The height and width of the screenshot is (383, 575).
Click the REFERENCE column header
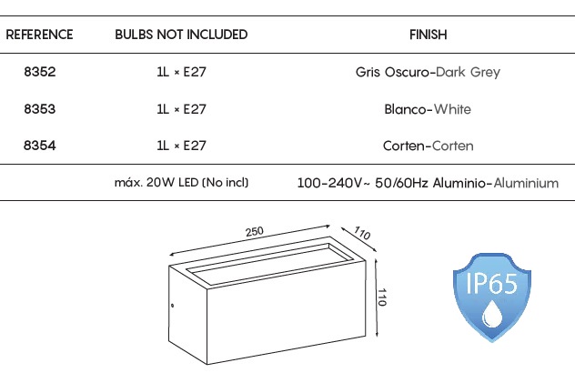coord(39,35)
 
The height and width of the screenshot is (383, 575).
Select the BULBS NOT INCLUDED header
coord(181,35)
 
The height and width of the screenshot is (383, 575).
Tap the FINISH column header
coord(428,35)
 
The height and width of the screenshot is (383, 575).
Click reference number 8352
coord(40,72)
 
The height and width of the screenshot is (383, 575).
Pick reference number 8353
coord(40,109)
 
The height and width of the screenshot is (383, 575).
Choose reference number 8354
coord(40,146)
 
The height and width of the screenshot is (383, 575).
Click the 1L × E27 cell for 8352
coord(181,72)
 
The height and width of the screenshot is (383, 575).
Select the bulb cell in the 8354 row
coord(181,146)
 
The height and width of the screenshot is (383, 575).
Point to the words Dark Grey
coord(468,72)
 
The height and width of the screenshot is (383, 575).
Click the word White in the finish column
coord(452,109)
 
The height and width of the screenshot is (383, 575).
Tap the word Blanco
coord(405,109)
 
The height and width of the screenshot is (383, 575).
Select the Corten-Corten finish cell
coord(428,146)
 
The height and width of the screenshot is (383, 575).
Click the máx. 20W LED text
coord(156,182)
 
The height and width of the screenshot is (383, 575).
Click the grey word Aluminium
coord(526,183)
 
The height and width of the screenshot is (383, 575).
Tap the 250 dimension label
coord(255,232)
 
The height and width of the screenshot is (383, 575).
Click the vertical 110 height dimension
coord(382,297)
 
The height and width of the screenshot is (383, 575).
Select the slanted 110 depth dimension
coord(362,233)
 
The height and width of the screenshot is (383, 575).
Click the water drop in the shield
coord(492,314)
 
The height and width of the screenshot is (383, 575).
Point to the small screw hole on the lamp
coord(172,306)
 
